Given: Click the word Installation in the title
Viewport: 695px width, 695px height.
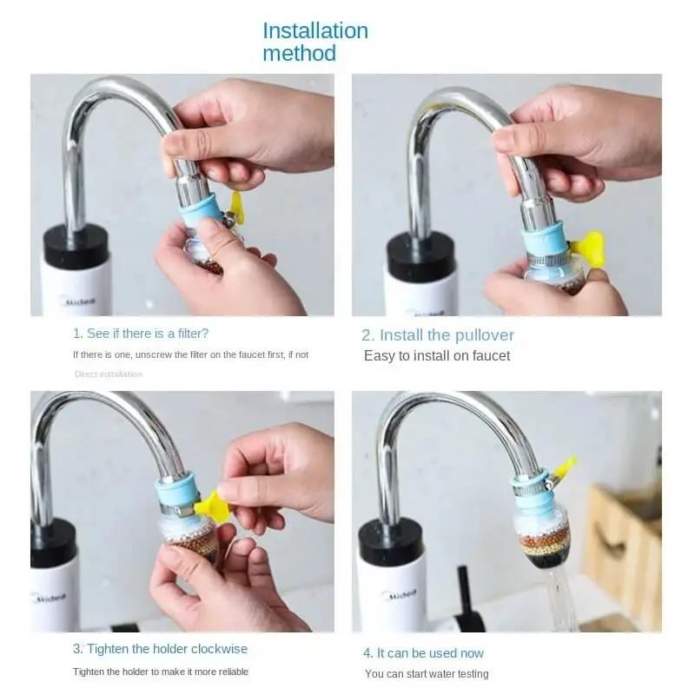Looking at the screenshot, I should (x=315, y=30).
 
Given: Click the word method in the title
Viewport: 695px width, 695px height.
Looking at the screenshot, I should (x=299, y=53).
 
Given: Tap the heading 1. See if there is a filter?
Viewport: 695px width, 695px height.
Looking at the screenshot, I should (x=141, y=333).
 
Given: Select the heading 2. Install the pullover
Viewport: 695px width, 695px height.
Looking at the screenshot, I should (x=438, y=334).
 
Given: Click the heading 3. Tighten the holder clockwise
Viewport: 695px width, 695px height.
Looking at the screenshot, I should (x=160, y=649).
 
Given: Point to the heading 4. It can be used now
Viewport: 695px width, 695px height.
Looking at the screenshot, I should (x=423, y=652).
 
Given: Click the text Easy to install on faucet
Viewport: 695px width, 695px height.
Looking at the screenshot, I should (x=437, y=355).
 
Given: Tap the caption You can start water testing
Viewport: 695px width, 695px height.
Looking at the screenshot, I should (x=427, y=673).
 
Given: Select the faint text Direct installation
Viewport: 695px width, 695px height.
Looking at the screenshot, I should (x=109, y=374).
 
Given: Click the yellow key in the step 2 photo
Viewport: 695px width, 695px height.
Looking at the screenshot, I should (x=591, y=247).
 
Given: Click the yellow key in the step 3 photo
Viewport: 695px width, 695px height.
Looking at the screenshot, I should (x=212, y=506).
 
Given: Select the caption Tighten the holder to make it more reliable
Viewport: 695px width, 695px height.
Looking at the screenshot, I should (x=161, y=671).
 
